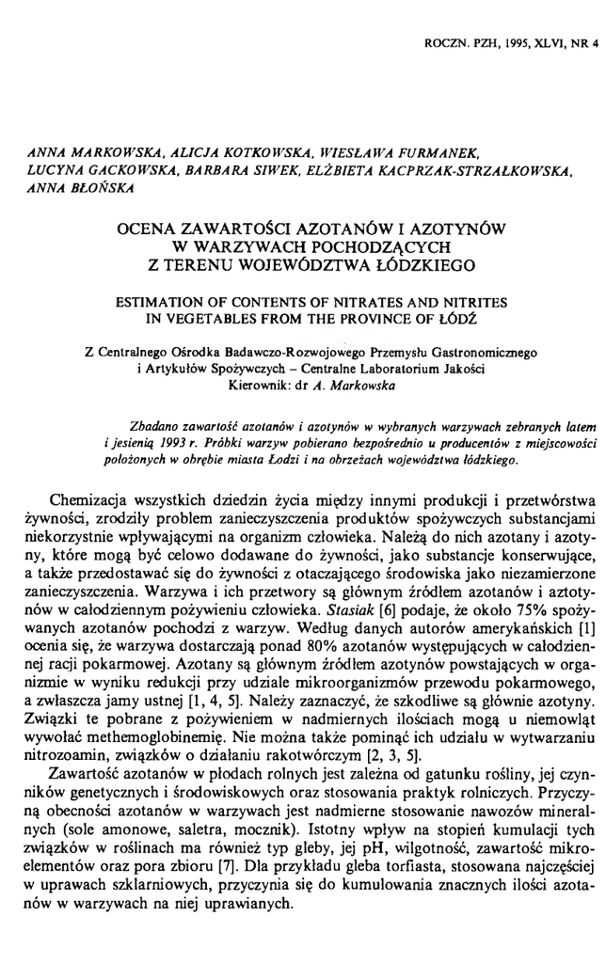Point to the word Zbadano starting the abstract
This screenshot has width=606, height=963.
[x=163, y=403]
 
